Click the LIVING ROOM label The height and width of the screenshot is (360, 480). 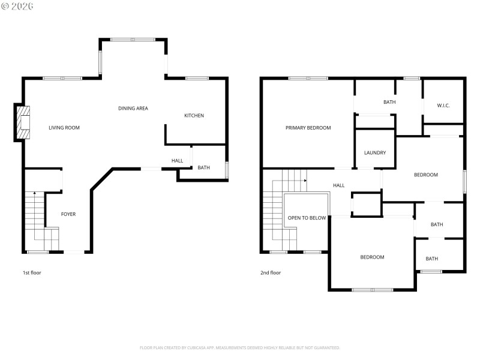pos(64,128)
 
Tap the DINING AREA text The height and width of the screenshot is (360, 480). pos(133,109)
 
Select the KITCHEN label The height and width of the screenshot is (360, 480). pos(194,116)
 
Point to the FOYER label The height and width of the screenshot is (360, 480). pos(68,214)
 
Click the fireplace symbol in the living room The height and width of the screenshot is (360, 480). pos(23,123)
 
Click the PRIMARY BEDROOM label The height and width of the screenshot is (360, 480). pos(308,128)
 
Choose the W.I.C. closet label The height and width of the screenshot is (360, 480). pos(443,106)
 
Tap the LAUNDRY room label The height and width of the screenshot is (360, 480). pos(375,153)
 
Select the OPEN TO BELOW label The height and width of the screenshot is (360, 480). pos(307,218)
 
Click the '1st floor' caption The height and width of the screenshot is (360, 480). pos(32,273)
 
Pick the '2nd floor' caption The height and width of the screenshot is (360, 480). pos(270,273)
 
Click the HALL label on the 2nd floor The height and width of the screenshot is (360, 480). pos(339,185)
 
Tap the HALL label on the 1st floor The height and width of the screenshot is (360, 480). pos(177,161)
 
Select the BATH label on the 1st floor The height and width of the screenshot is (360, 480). pos(203,168)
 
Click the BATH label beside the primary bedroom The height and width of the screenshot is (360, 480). pos(389,102)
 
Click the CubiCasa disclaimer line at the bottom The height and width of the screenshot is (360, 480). pos(240,347)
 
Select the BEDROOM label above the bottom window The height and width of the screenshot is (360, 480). pos(372,257)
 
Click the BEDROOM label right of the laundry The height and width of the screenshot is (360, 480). pos(425,175)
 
